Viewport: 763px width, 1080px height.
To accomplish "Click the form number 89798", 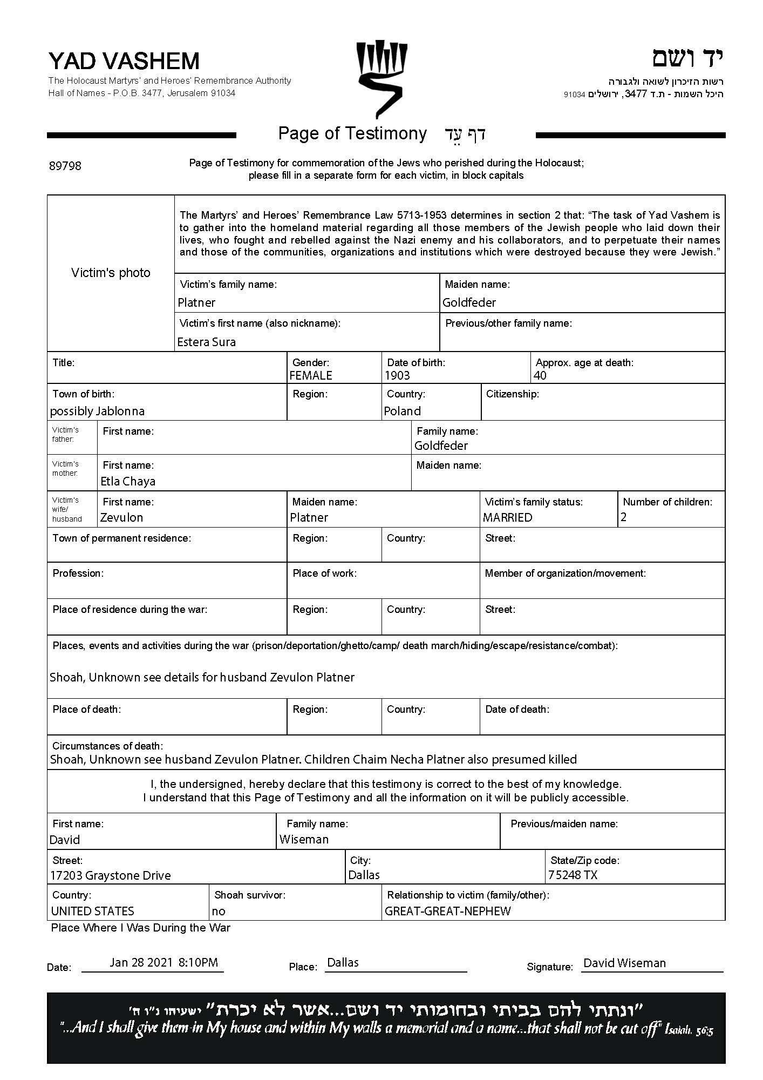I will coord(65,166).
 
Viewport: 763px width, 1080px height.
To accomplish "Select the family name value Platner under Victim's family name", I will coord(196,302).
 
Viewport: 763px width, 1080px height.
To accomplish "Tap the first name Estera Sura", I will coord(206,342).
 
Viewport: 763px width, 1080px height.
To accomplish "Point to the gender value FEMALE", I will coord(311,375).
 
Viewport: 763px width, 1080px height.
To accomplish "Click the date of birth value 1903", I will coord(397,375).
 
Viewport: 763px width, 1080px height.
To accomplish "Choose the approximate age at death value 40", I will coord(540,375).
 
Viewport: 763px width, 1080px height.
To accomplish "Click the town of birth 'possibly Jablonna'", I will coord(97,411).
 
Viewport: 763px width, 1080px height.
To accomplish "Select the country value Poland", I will coord(402,411).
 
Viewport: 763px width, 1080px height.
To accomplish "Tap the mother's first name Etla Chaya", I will coord(128,481).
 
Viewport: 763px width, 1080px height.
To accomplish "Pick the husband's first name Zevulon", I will coord(121,517).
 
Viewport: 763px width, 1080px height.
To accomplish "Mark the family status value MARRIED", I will coord(507,517).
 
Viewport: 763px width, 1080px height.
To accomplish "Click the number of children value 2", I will coord(624,517).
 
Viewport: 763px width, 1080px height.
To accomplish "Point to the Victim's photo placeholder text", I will coord(111,273).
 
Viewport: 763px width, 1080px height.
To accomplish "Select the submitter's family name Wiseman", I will coord(304,839).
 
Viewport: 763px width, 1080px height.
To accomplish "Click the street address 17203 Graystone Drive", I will coord(110,875).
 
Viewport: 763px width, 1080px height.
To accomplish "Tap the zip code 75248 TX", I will coord(573,875).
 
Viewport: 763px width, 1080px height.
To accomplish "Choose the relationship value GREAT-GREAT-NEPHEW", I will coord(447,911).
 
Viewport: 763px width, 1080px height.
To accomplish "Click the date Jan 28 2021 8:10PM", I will coord(163,962).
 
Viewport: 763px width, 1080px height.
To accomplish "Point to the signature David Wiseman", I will coord(624,963).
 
